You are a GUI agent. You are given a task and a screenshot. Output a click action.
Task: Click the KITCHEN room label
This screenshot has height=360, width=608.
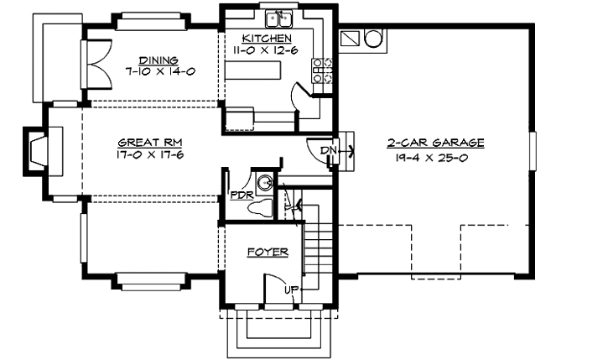pos(267,39)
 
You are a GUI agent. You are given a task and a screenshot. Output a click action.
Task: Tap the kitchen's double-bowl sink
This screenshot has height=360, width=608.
pos(278,18)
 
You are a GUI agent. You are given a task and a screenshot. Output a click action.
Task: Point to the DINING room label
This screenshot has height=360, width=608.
pos(158,60)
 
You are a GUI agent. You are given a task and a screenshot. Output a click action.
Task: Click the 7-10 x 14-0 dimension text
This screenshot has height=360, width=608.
pos(158,71)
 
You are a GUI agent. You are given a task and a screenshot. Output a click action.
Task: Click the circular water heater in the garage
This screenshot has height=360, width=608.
pos(372,38)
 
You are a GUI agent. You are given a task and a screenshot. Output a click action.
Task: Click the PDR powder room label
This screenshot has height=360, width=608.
pos(239,196)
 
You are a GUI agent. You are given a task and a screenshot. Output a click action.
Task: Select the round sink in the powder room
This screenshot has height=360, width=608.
pos(265,182)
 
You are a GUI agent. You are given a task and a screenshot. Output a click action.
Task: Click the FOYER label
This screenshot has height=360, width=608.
pos(268,252)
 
